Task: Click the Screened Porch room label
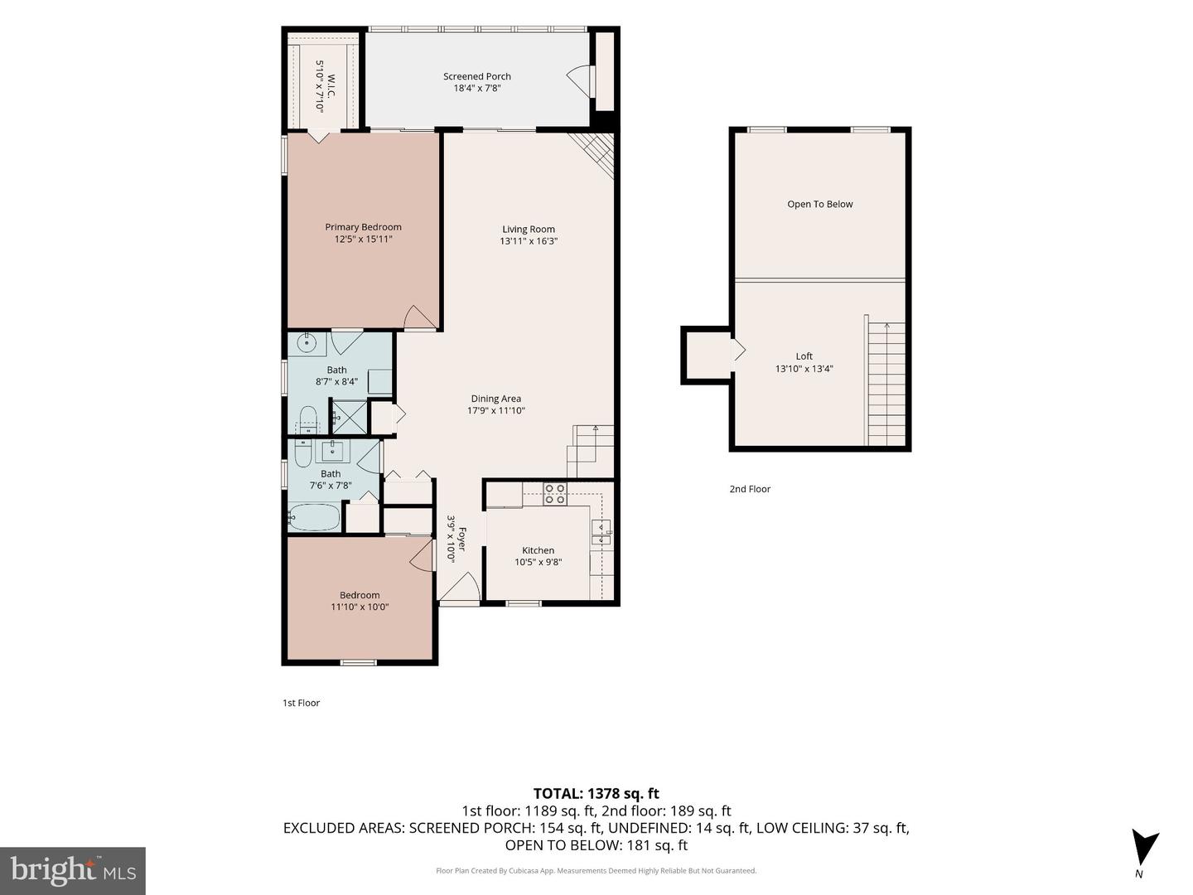click(476, 76)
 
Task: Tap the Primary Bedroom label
click(363, 227)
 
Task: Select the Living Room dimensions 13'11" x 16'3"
click(529, 241)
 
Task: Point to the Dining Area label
click(495, 399)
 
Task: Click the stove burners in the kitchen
click(555, 493)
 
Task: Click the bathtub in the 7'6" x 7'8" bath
click(314, 517)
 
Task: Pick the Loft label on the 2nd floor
click(804, 356)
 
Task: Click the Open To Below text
click(819, 205)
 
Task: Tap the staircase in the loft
click(885, 384)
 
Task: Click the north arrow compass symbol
click(1143, 847)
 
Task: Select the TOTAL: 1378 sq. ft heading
click(596, 794)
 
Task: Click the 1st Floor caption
click(301, 704)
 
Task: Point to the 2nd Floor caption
click(750, 489)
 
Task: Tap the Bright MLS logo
click(73, 870)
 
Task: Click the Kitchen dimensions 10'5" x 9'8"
click(538, 563)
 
